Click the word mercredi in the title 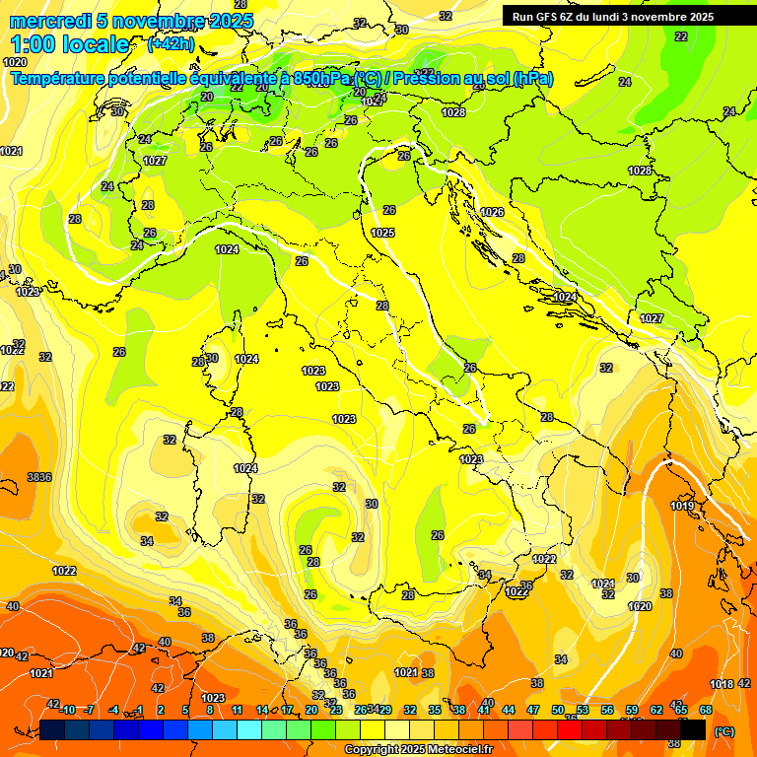pos(45,21)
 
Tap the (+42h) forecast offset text pos(170,43)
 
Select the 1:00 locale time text pos(70,44)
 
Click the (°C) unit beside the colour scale pos(723,731)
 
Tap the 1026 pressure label pos(492,212)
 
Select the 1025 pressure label pos(383,233)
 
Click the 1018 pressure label pos(722,684)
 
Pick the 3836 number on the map pos(39,477)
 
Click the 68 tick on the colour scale pos(706,710)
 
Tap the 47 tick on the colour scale pos(533,710)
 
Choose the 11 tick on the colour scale pos(238,710)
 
